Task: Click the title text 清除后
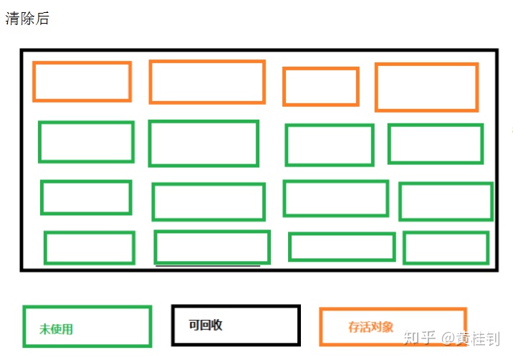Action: pyautogui.click(x=27, y=19)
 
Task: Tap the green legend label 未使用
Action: pyautogui.click(x=56, y=329)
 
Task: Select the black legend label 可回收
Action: pyautogui.click(x=206, y=325)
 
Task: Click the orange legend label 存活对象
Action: pyautogui.click(x=370, y=327)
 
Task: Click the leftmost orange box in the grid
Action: pyautogui.click(x=82, y=82)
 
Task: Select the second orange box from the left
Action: pyautogui.click(x=207, y=82)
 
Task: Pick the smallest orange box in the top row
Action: pyautogui.click(x=320, y=86)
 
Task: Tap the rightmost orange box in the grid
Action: pyautogui.click(x=426, y=87)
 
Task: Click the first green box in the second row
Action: pyautogui.click(x=86, y=142)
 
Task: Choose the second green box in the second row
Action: pyautogui.click(x=203, y=143)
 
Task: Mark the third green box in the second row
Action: pyautogui.click(x=330, y=145)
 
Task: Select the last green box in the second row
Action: pyautogui.click(x=436, y=143)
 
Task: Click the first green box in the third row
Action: pyautogui.click(x=86, y=197)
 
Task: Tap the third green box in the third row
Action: pyautogui.click(x=335, y=198)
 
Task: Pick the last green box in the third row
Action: pyautogui.click(x=446, y=202)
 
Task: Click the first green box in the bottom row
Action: pyautogui.click(x=90, y=247)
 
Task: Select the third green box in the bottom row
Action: pyautogui.click(x=342, y=247)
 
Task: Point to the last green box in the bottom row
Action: pyautogui.click(x=446, y=247)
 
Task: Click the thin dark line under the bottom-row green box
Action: pyautogui.click(x=208, y=266)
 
